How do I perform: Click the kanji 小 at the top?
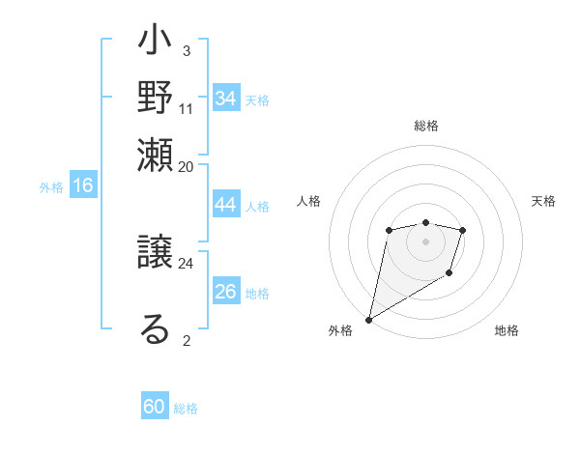(155, 43)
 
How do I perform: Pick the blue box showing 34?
(225, 99)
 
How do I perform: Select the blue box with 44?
(225, 205)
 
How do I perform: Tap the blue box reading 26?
(225, 292)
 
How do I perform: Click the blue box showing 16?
(83, 186)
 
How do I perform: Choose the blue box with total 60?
(155, 407)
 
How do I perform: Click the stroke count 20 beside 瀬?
(186, 166)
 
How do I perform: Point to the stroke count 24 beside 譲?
(186, 262)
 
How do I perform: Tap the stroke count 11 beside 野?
(186, 108)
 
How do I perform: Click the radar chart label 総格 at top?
(425, 126)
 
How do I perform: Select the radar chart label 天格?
(543, 201)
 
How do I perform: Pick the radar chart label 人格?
(308, 201)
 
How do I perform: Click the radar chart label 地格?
(507, 330)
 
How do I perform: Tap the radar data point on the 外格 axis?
(368, 319)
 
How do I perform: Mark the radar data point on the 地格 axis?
(449, 274)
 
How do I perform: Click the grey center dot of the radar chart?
(425, 241)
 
